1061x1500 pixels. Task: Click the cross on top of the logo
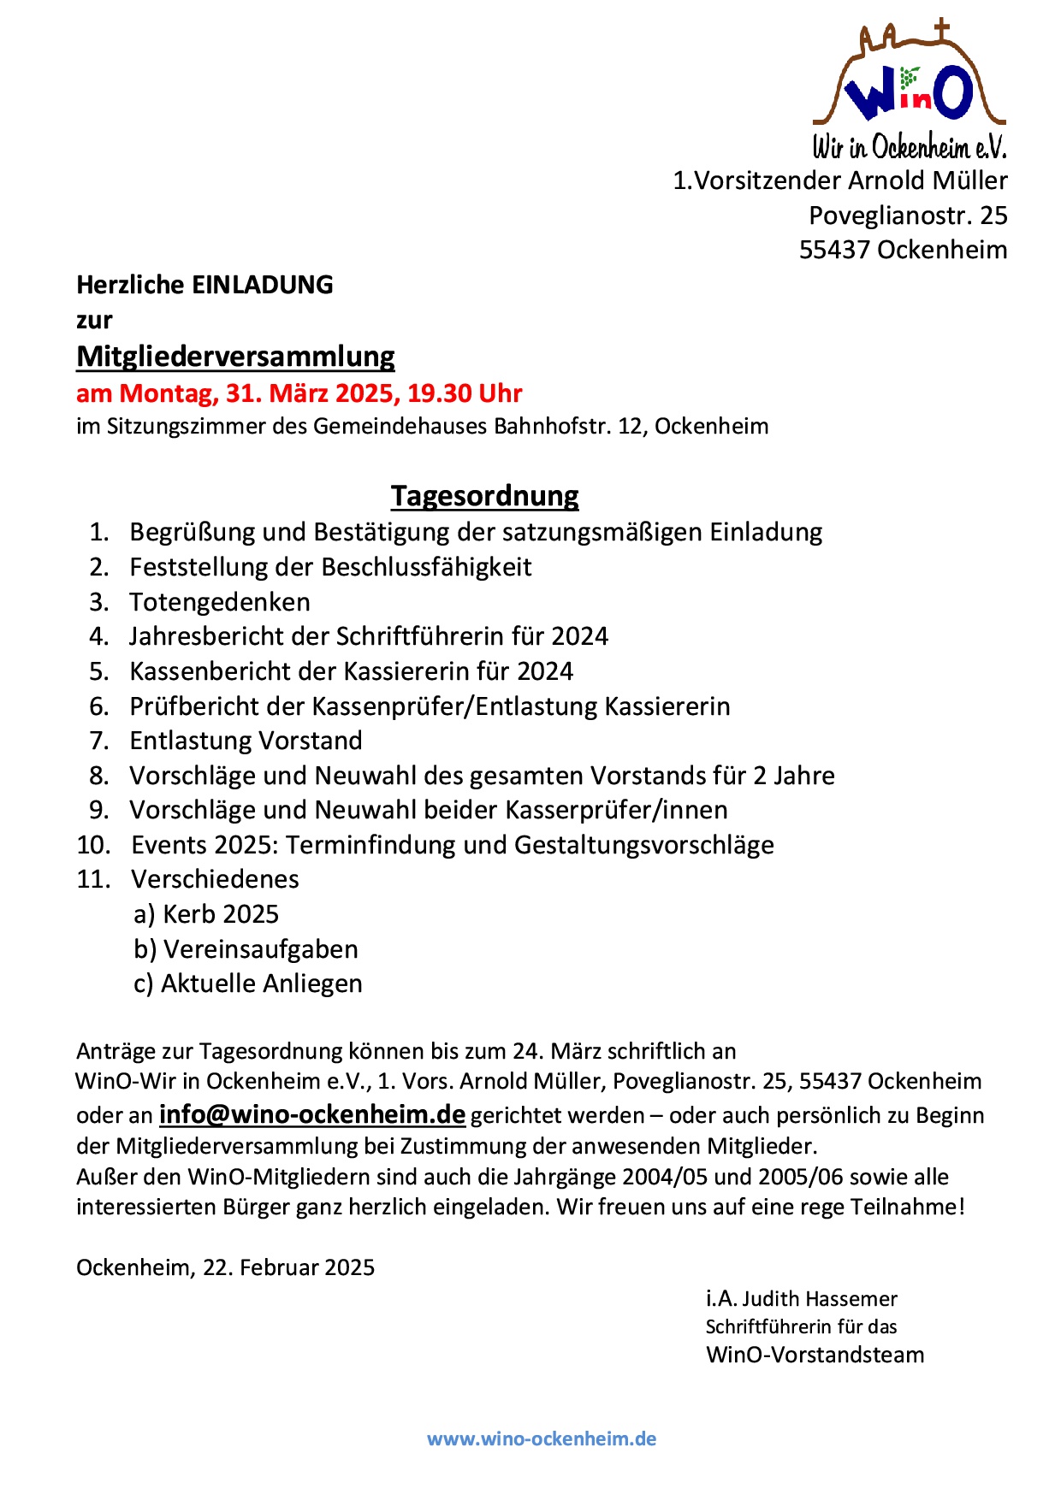coord(942,29)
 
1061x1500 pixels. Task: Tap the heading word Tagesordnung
coord(484,495)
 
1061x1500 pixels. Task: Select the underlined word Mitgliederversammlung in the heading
coord(235,356)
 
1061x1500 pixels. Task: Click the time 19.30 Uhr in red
coord(465,393)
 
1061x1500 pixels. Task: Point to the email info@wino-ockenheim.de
coord(312,1114)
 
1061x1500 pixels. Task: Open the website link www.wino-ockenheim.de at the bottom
coord(542,1438)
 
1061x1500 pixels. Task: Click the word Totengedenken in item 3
coord(220,602)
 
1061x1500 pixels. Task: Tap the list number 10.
coord(93,845)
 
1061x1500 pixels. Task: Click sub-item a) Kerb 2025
coord(206,914)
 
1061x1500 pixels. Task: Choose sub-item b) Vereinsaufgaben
coord(246,949)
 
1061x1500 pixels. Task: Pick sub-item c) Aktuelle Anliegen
coord(248,983)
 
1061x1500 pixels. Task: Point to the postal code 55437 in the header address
coord(834,250)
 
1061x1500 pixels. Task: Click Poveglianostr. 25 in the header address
coord(908,215)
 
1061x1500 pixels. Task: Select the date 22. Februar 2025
coord(288,1267)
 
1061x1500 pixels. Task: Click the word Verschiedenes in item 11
coord(215,879)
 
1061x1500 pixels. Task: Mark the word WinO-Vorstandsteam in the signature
coord(815,1355)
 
